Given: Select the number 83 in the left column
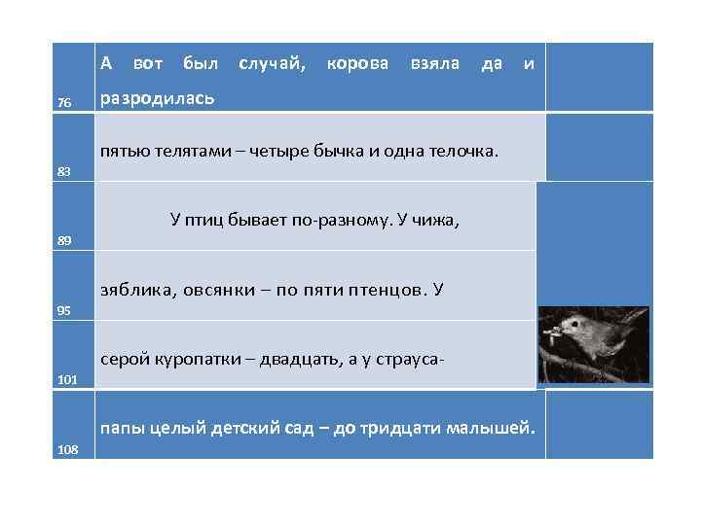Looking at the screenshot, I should (x=64, y=171).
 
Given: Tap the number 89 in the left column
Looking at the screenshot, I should (x=64, y=240).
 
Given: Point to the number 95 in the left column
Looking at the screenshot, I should (x=64, y=310).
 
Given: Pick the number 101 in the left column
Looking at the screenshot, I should (x=67, y=380).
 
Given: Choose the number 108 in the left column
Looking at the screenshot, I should (x=67, y=449).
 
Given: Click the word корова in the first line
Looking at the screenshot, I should (x=357, y=64).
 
